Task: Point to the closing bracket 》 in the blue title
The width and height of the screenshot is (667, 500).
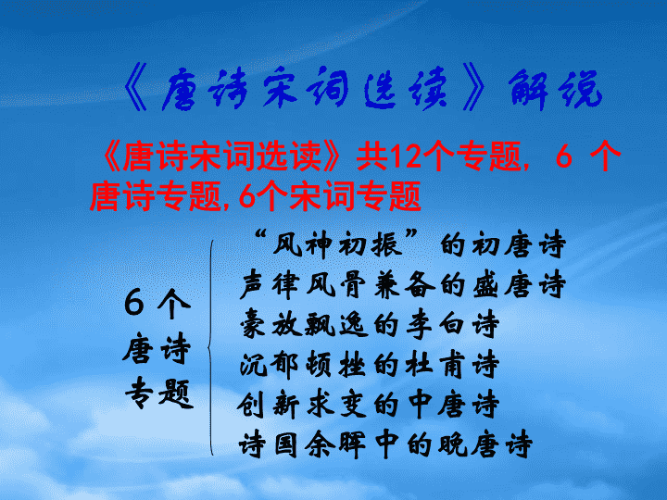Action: (473, 87)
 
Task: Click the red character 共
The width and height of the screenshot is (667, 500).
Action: (371, 156)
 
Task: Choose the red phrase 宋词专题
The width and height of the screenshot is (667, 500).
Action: (355, 195)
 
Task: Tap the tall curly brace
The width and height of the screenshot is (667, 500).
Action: (211, 348)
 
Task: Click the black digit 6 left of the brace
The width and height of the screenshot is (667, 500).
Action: (134, 302)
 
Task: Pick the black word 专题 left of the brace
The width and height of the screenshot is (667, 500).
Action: (159, 394)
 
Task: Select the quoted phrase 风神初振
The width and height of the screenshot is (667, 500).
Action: (337, 244)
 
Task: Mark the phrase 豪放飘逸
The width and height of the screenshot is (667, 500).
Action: (303, 324)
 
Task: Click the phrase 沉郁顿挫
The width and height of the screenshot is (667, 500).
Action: (302, 365)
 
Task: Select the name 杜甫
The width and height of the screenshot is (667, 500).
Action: (434, 365)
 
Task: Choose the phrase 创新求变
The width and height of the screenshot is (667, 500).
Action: (302, 405)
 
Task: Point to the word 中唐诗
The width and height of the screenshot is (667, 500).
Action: (453, 405)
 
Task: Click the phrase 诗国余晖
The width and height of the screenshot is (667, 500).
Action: (302, 444)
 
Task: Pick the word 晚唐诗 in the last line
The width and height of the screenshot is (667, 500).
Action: (485, 444)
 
